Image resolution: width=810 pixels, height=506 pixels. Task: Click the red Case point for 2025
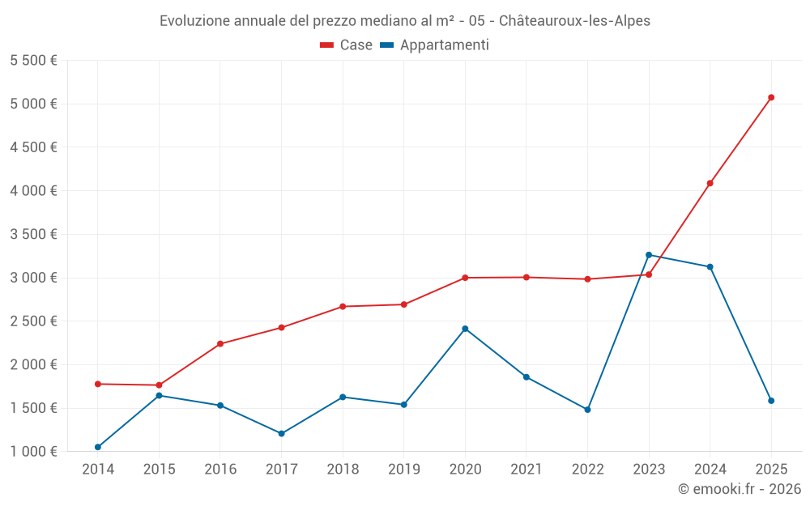pos(771,97)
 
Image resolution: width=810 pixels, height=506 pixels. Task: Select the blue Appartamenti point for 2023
pos(649,255)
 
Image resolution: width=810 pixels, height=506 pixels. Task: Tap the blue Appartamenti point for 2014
pos(98,447)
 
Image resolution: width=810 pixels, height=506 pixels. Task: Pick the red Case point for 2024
pos(710,183)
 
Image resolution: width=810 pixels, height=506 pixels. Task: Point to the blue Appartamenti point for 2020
pos(465,329)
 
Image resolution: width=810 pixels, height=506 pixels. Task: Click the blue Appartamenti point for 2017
pos(281,434)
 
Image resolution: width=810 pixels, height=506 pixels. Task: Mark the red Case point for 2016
pos(220,344)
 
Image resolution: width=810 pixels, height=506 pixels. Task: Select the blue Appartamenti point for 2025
pos(771,401)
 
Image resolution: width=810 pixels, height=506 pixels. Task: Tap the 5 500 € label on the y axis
pos(33,61)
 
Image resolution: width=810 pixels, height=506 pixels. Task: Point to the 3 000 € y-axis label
pos(33,278)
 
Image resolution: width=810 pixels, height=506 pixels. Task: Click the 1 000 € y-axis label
pos(33,451)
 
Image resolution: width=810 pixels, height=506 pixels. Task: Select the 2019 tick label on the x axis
pos(403,470)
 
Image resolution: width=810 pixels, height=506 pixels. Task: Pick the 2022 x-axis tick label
pos(587,470)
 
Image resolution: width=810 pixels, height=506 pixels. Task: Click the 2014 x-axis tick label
pos(98,470)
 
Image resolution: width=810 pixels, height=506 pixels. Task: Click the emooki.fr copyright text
pos(739,489)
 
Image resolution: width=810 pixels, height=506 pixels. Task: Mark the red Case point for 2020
pos(465,278)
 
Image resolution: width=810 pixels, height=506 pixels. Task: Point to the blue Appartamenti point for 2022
pos(587,410)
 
